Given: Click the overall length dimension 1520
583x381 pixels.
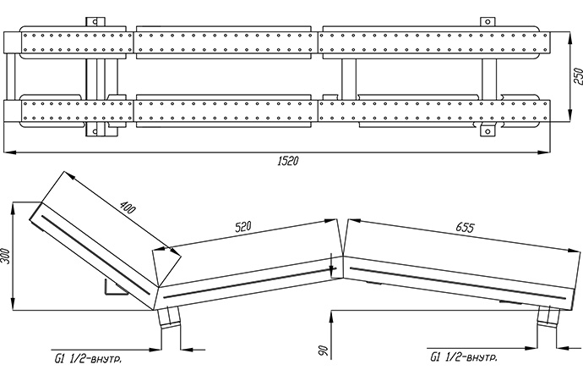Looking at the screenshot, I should tap(287, 160).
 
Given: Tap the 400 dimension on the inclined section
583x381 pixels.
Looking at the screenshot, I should tap(128, 207).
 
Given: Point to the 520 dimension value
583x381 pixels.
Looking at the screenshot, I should tap(246, 227).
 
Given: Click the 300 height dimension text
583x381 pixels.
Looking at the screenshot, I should tap(7, 257).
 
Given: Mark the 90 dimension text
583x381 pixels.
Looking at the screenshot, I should tap(322, 351).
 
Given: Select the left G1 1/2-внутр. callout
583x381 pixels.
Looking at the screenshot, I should tap(86, 360).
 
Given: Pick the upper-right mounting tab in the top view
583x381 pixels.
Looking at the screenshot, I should tap(487, 20).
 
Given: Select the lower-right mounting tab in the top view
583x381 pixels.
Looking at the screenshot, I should tap(488, 130).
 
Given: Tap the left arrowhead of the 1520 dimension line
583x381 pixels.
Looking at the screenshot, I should tap(8, 152).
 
